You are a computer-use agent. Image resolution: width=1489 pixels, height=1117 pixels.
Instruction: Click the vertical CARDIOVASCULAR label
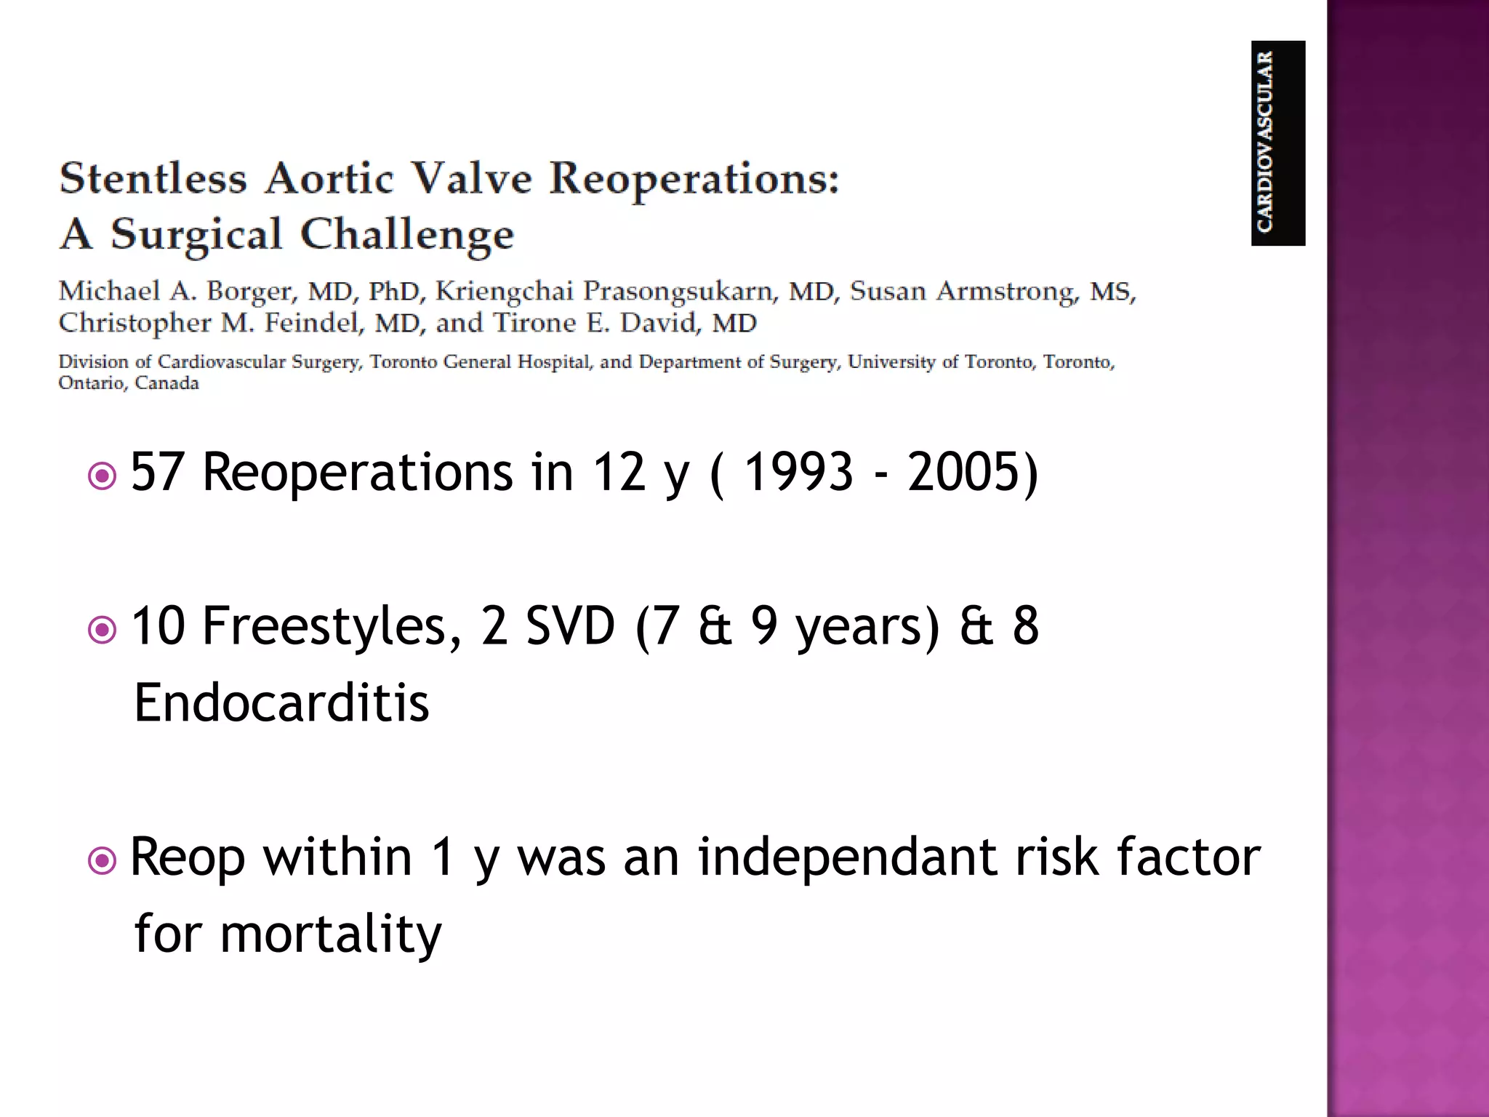coord(1265,143)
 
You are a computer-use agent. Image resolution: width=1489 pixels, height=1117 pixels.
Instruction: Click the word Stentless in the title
coord(153,178)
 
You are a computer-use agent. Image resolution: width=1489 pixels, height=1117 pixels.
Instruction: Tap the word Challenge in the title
coord(407,235)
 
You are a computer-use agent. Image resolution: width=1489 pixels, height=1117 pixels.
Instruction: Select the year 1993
coord(798,473)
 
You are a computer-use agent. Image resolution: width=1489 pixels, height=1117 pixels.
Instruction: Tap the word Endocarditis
coord(282,703)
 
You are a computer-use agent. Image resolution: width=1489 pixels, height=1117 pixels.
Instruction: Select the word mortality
coord(331,934)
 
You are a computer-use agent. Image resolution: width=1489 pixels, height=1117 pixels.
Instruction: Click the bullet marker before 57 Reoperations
coord(102,477)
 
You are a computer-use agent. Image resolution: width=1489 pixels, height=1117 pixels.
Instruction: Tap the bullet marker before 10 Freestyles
coord(102,630)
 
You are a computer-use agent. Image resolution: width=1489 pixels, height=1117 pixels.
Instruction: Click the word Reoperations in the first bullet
coord(357,473)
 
